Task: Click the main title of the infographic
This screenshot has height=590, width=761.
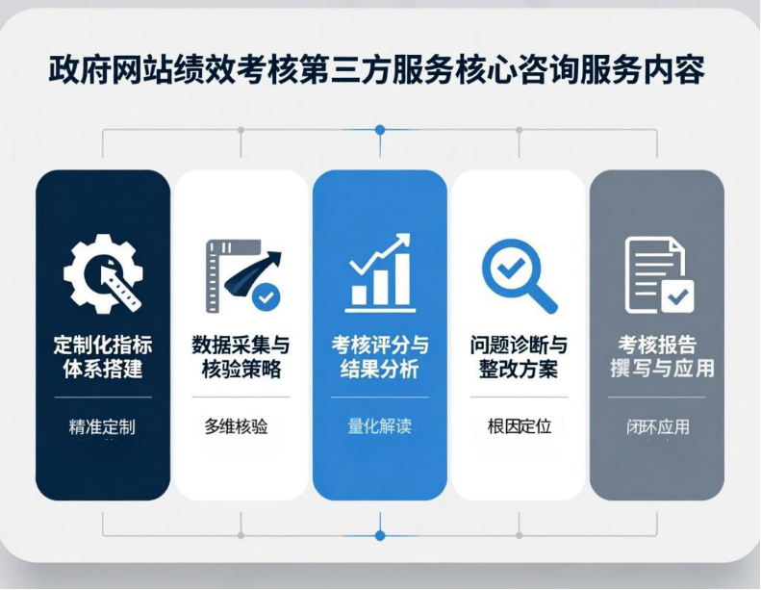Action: click(376, 70)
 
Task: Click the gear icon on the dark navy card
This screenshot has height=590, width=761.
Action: click(103, 273)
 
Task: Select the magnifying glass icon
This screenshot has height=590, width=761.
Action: click(519, 275)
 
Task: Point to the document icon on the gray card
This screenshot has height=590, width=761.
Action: click(659, 275)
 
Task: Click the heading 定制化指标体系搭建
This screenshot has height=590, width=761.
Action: click(103, 357)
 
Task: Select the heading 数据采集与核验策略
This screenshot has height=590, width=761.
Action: click(241, 357)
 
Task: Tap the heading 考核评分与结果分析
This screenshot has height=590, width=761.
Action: click(380, 357)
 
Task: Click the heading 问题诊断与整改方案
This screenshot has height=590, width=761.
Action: click(519, 357)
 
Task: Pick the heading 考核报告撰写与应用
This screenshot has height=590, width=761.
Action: click(662, 357)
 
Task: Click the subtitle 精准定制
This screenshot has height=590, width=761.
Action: click(102, 426)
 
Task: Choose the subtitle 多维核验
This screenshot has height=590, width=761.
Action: click(237, 426)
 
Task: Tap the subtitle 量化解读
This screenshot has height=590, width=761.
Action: click(379, 426)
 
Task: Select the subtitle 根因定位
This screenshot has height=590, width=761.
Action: click(520, 426)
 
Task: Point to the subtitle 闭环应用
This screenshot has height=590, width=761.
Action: click(658, 426)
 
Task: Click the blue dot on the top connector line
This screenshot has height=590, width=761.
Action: click(380, 130)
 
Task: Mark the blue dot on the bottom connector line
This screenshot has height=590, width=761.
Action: click(380, 535)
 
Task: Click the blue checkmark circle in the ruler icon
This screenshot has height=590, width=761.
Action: click(266, 296)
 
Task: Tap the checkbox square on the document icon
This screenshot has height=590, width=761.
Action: click(677, 296)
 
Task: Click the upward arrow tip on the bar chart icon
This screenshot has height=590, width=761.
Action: click(407, 236)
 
